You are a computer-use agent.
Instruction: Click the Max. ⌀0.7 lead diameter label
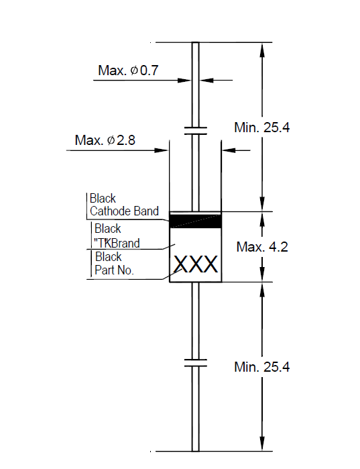tap(128, 70)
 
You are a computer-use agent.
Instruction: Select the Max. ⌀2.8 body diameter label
tap(105, 140)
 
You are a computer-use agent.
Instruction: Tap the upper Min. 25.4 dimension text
tap(261, 127)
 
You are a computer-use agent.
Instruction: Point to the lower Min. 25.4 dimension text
tap(261, 367)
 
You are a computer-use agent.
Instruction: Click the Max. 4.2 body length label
tap(262, 247)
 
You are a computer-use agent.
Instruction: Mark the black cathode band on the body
tap(195, 221)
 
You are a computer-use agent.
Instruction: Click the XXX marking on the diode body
tap(196, 265)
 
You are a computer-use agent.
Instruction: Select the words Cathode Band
tap(124, 211)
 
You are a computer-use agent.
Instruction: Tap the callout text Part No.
tap(114, 270)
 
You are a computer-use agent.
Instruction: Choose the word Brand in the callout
tap(125, 243)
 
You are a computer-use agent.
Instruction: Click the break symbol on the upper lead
tap(195, 130)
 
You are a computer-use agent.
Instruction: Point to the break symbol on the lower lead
tap(195, 363)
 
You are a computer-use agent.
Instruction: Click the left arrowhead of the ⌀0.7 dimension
tap(184, 80)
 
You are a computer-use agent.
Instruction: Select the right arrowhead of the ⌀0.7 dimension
tap(206, 80)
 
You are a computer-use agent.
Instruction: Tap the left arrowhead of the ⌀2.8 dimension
tap(162, 150)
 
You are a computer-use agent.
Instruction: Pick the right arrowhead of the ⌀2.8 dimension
tap(229, 150)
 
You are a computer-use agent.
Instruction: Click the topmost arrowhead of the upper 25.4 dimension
tap(262, 50)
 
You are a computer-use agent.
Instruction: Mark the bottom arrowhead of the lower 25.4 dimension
tap(262, 444)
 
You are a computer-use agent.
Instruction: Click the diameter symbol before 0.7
tap(134, 70)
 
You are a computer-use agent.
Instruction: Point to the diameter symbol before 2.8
tap(111, 140)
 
